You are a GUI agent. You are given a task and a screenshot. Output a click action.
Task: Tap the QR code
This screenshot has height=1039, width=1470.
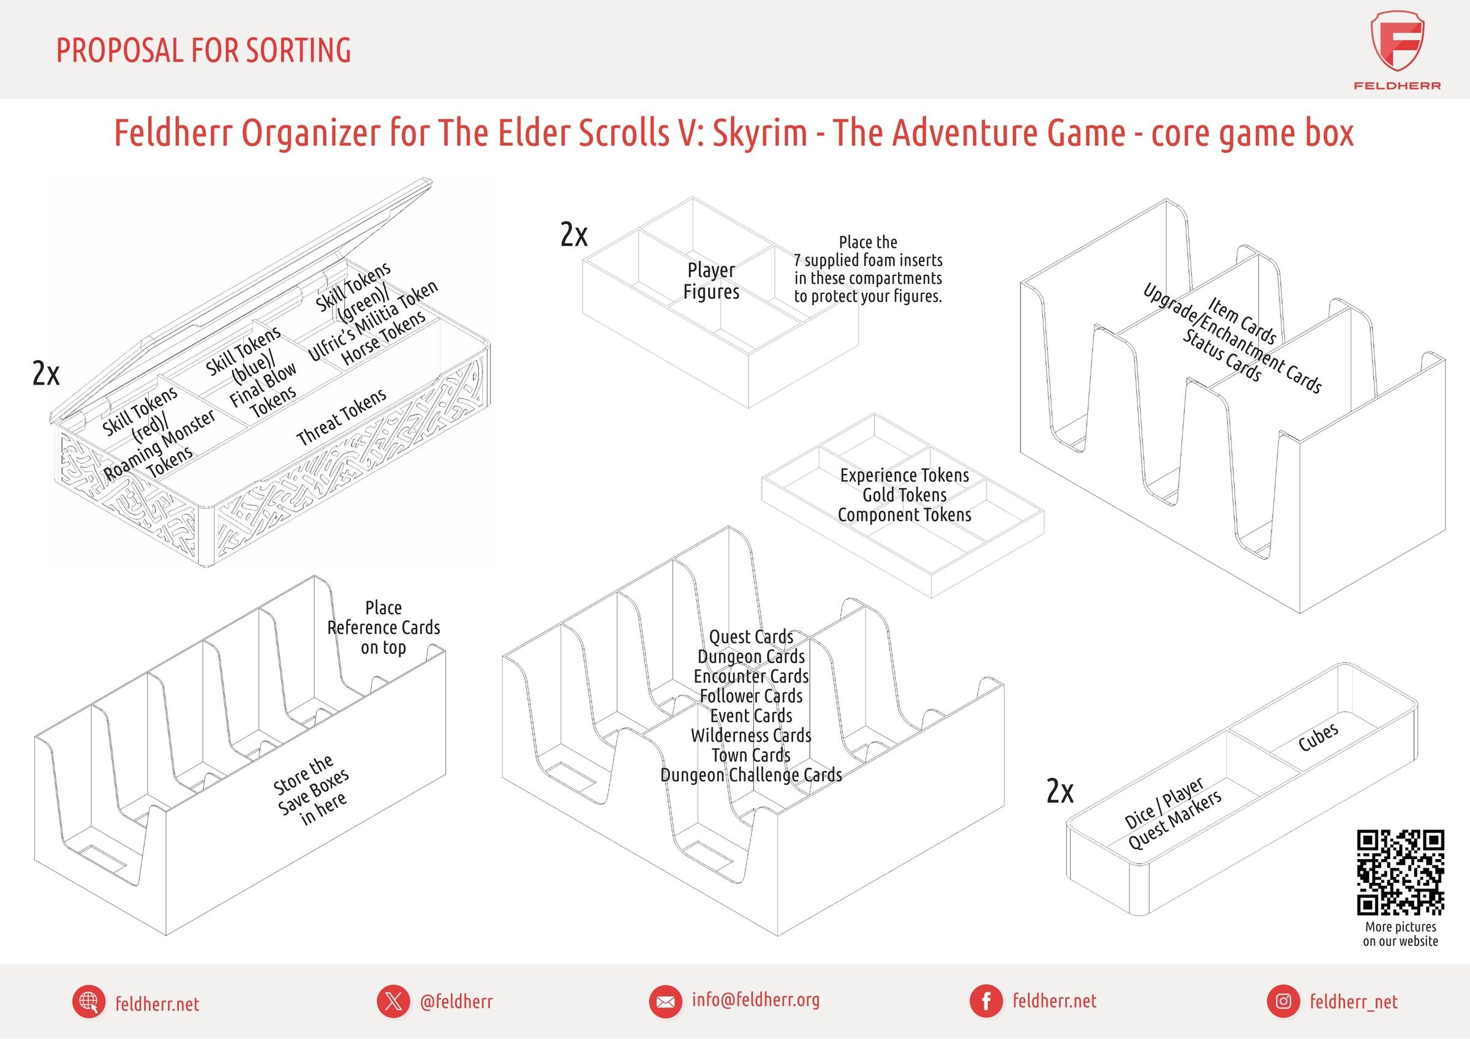pos(1400,872)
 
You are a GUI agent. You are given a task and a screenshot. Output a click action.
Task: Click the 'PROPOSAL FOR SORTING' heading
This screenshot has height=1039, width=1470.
pos(203,51)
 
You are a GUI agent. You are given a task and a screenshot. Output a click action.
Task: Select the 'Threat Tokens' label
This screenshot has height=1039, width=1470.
pos(341,417)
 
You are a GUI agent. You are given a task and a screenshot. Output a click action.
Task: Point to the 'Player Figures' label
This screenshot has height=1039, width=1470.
pos(711,281)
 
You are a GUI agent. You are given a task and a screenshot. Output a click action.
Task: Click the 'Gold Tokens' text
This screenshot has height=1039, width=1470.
pos(904,495)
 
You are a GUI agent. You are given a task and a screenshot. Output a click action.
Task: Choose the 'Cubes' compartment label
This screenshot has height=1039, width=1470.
pos(1317,738)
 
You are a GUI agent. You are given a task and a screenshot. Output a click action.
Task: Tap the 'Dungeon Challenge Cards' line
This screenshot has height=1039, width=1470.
pos(751,775)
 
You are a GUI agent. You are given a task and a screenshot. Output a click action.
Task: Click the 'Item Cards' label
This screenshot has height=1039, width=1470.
pos(1242,320)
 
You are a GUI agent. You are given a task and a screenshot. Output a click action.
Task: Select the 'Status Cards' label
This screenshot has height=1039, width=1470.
pos(1221,355)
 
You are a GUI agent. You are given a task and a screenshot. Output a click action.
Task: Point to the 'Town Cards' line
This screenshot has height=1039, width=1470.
pos(751,756)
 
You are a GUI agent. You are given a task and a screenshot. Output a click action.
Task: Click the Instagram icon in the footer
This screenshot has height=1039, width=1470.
pos(1283,1000)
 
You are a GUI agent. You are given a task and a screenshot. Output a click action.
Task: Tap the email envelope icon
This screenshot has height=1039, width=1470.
pos(666,1000)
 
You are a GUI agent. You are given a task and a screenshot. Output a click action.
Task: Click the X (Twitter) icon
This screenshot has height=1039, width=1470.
pos(393,1000)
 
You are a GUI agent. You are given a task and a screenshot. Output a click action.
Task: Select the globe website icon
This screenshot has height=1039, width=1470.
pos(89,1001)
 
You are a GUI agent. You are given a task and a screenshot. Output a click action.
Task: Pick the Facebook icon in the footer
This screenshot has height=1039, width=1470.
pos(987,1000)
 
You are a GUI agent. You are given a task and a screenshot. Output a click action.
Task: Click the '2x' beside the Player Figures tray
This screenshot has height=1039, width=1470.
pos(574,235)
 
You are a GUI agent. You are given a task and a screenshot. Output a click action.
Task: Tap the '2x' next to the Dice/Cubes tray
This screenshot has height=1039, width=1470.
pos(1060,791)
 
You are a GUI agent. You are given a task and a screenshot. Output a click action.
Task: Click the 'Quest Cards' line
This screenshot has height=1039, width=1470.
pos(751,637)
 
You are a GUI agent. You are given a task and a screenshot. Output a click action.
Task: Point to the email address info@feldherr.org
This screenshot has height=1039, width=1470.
pos(755,999)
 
